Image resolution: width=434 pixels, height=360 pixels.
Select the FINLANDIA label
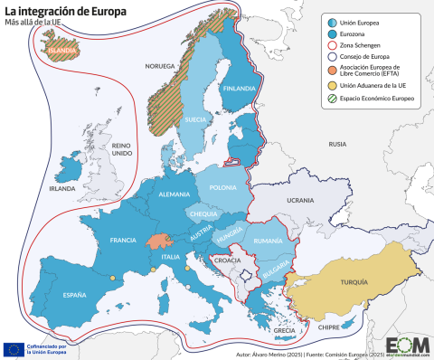pos(239,88)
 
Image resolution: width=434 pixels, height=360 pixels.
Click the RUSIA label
pos(337,144)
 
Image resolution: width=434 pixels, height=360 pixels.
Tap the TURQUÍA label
pos(354,282)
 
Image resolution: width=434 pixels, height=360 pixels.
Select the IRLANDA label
pos(62,189)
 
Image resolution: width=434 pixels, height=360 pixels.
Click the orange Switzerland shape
pos(159,242)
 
